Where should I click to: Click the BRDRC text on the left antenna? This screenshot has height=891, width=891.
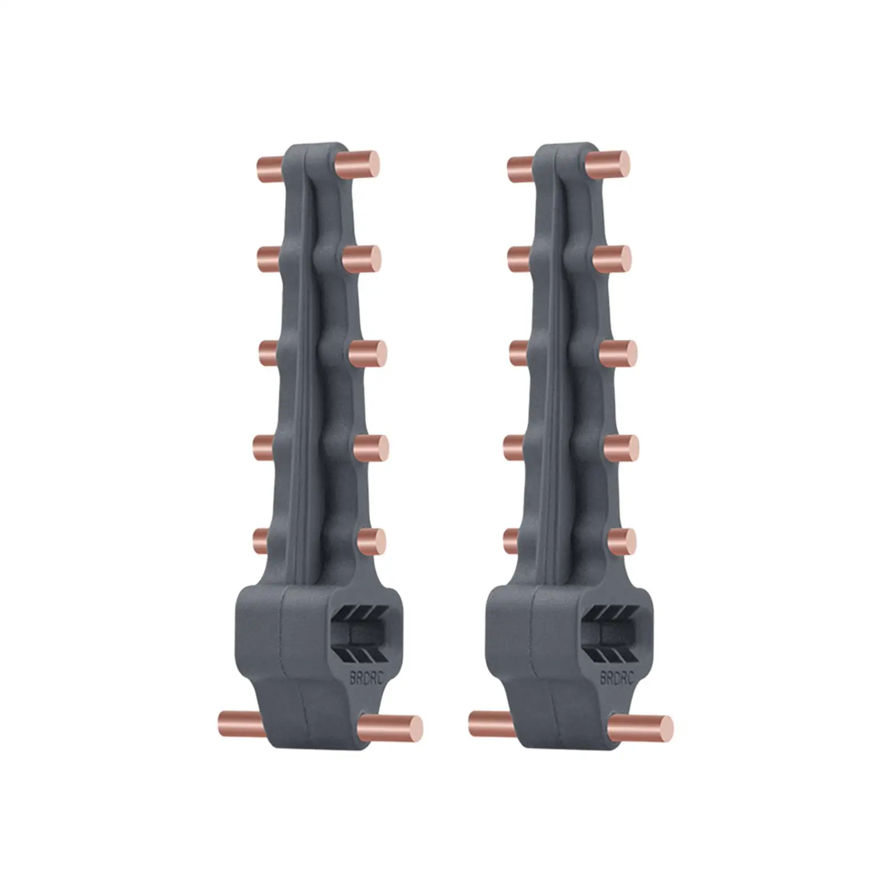(x=366, y=678)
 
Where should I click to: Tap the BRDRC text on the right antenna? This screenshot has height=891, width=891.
(x=616, y=678)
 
